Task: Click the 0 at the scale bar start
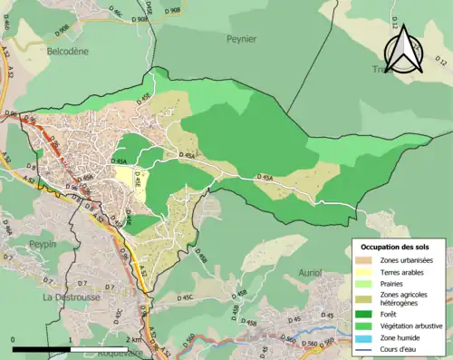14,338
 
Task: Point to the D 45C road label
185,297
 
